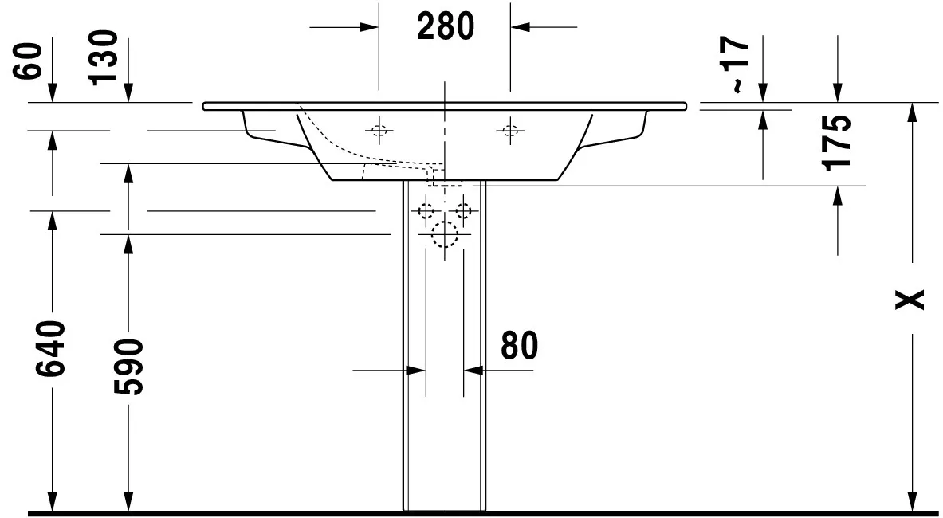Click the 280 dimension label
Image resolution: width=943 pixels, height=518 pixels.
click(446, 26)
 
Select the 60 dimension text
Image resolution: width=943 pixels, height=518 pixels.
click(28, 61)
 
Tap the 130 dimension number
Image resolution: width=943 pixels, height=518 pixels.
click(102, 57)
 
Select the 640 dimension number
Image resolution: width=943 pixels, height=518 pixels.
click(51, 348)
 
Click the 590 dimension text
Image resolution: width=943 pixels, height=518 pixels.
click(129, 367)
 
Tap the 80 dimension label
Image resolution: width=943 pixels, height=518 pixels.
click(520, 346)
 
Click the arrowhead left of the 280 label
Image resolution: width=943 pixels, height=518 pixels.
click(368, 27)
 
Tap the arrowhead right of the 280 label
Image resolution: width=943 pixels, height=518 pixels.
click(521, 27)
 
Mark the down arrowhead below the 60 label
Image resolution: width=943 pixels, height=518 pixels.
click(53, 92)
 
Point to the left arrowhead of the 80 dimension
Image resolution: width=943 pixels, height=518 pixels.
click(415, 371)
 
